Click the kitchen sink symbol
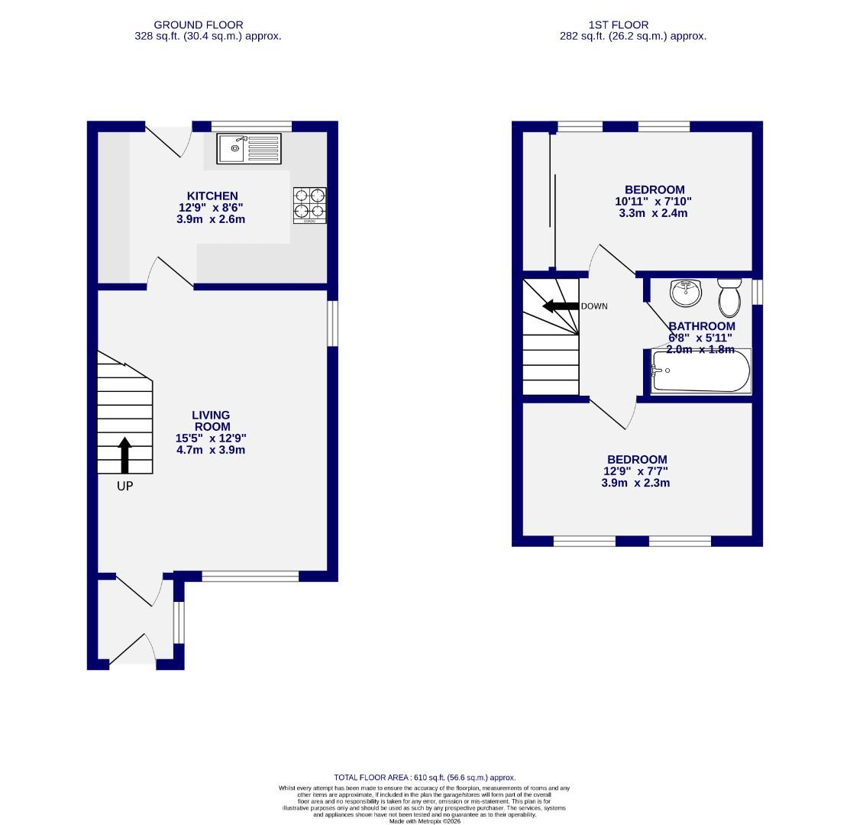(249, 148)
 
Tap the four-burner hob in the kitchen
(309, 205)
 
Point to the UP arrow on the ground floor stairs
(125, 455)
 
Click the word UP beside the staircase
(124, 486)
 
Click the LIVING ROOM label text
(211, 421)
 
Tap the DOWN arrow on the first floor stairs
(559, 306)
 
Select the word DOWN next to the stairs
(594, 306)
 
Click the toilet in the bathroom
(729, 296)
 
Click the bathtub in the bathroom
(700, 371)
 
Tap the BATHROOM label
(701, 326)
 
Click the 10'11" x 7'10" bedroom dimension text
(654, 202)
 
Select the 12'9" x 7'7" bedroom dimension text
(636, 471)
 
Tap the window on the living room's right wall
(332, 323)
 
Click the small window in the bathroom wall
(757, 292)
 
